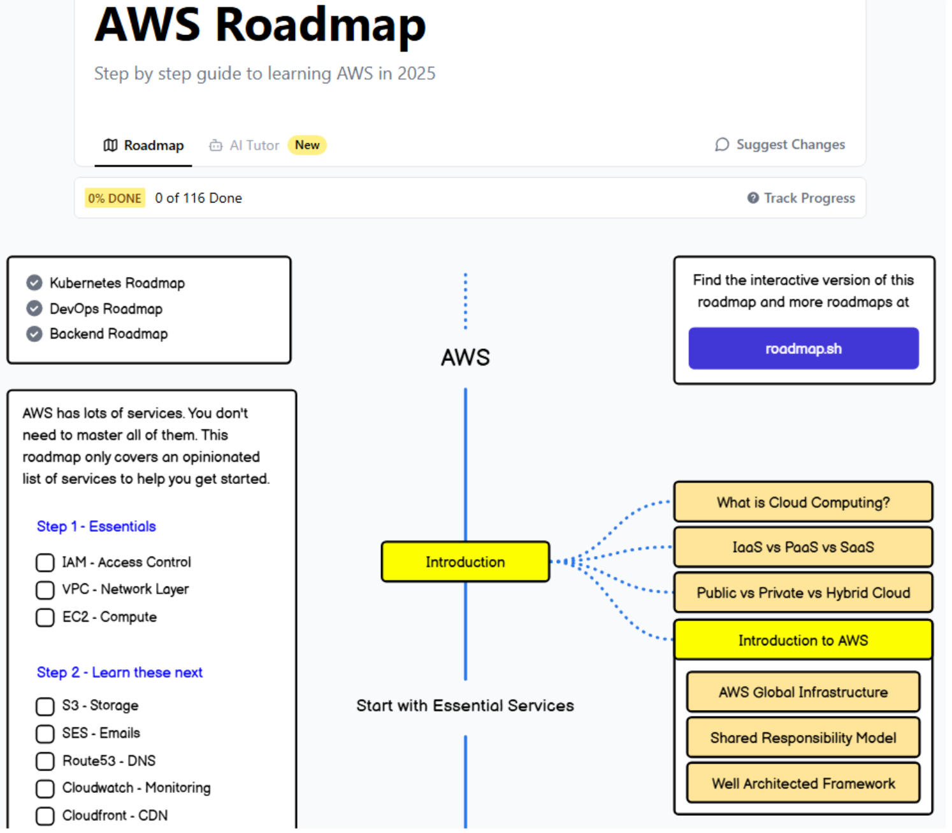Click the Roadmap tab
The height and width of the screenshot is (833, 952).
(143, 146)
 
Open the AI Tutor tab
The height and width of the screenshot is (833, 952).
(245, 146)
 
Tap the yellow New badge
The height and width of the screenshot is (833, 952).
(307, 145)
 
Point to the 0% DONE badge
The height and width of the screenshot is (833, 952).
(115, 198)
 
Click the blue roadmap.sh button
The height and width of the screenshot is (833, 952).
(803, 348)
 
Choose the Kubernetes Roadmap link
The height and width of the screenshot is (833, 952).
(117, 283)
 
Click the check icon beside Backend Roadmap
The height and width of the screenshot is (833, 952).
(34, 334)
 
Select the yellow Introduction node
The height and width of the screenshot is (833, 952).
(465, 562)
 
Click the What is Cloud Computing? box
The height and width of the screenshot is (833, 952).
(803, 502)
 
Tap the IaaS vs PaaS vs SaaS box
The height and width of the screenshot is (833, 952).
(803, 547)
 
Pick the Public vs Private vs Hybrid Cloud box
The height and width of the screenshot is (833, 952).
(803, 593)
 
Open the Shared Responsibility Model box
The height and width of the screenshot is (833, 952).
(803, 738)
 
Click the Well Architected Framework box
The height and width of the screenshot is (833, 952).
(803, 783)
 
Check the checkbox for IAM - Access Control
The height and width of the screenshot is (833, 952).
(45, 563)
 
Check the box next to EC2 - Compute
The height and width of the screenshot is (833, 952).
(45, 618)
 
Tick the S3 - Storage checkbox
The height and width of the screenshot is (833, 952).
(45, 706)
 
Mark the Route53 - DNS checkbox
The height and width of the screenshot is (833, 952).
(45, 761)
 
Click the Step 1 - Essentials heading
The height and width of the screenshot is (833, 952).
(96, 527)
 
